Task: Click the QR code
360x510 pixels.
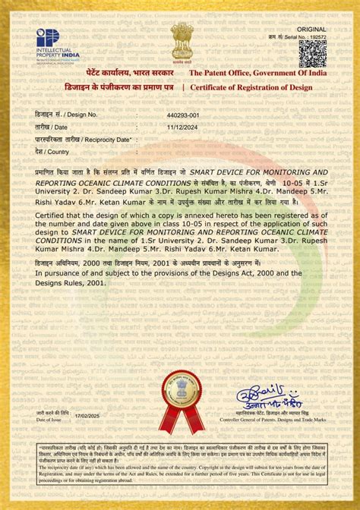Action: click(x=312, y=53)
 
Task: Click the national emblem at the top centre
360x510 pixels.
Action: click(x=182, y=40)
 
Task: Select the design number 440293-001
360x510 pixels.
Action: click(x=183, y=115)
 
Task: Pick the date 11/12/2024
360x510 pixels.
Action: click(x=182, y=127)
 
